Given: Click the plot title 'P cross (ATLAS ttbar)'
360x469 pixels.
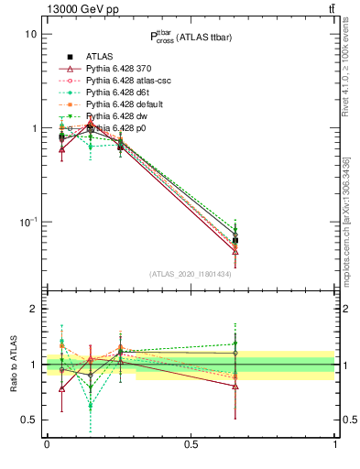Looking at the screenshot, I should (191, 37).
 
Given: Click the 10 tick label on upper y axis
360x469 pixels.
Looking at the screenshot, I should (30, 34).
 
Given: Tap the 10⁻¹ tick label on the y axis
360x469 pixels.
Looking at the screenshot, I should (28, 223).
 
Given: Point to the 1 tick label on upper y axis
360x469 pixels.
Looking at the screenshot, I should (33, 128).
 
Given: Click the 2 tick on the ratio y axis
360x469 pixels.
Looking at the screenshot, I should (33, 310).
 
